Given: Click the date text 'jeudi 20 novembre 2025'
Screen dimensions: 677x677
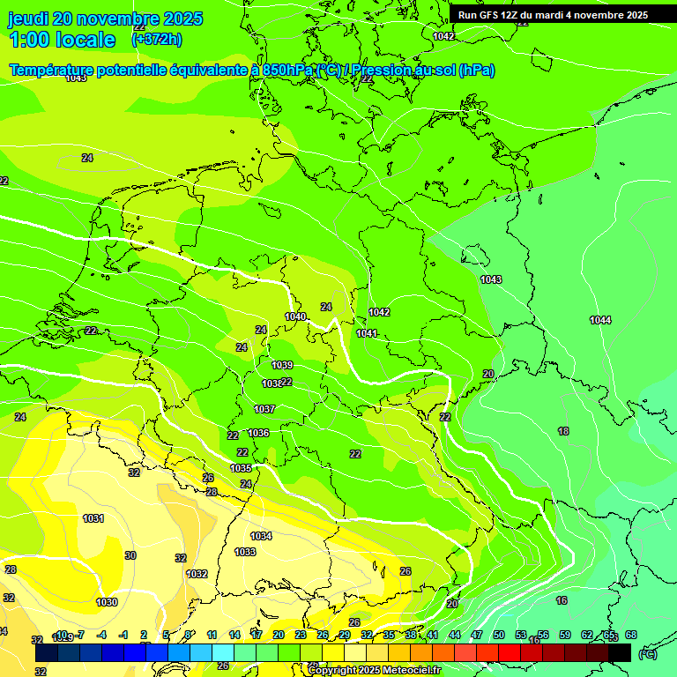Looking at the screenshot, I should point(105,19).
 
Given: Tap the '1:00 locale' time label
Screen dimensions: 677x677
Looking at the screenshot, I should point(62,40).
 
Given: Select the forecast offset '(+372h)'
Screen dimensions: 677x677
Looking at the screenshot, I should point(157,40).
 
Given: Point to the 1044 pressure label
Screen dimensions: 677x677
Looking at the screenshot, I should point(600,320).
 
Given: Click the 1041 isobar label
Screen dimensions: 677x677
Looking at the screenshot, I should point(367,333).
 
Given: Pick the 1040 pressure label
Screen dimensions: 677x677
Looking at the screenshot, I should point(295,316).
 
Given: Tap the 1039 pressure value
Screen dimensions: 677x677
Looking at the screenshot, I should point(282,365).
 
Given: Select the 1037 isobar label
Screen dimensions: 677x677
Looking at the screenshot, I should point(264,409).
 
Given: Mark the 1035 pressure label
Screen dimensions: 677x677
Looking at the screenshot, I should point(242,468).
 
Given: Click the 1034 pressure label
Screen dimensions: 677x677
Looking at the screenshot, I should point(261,536).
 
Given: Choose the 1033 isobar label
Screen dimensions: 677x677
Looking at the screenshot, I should point(245,552).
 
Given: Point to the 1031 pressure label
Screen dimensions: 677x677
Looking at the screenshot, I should point(93,518).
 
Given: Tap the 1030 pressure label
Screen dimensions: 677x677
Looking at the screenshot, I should point(107,602).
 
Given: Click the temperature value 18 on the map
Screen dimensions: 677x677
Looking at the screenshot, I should point(563,431).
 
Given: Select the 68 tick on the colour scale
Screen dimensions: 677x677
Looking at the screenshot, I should point(630,635).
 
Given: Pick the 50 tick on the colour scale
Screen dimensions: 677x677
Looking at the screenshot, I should point(498,635).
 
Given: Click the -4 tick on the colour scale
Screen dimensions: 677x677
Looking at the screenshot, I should point(101,635).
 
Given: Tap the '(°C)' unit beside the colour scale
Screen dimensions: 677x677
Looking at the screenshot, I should point(647,654).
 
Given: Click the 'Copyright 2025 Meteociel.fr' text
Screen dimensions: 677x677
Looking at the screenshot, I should point(374,670).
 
